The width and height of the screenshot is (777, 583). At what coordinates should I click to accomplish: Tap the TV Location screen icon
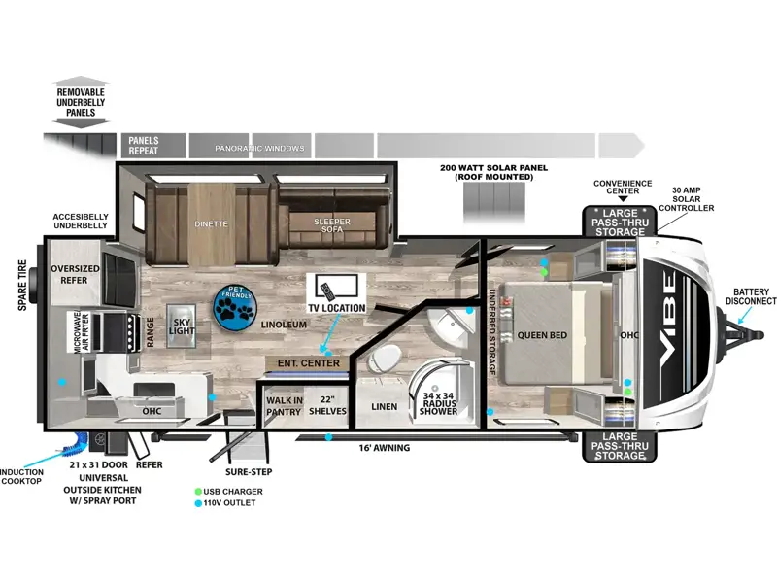click(x=336, y=288)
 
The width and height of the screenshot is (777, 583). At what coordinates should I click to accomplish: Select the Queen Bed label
click(x=542, y=335)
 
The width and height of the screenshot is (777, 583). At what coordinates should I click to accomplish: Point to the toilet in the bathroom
click(x=385, y=357)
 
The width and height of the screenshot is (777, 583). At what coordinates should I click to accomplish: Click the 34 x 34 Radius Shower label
click(x=438, y=403)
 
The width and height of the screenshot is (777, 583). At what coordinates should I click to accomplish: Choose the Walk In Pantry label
click(x=284, y=406)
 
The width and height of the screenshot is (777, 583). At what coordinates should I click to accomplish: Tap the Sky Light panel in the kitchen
click(x=181, y=326)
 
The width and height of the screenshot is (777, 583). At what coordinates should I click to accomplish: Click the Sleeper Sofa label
click(x=332, y=225)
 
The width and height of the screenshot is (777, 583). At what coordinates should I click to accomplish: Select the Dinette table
click(x=211, y=224)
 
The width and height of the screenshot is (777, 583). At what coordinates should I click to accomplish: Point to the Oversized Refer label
click(x=75, y=274)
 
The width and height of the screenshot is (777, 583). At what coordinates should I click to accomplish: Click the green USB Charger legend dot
click(x=198, y=492)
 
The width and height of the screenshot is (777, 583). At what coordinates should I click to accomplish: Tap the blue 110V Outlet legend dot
click(x=198, y=503)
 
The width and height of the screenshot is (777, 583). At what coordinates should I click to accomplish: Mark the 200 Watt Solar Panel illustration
click(x=494, y=202)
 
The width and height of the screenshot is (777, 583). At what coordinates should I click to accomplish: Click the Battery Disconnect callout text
click(x=751, y=296)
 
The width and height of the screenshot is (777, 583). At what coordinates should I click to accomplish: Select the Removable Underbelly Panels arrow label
click(x=81, y=102)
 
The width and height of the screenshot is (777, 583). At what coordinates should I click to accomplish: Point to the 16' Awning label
click(x=385, y=448)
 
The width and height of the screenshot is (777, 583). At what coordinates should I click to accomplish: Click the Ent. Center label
click(x=308, y=363)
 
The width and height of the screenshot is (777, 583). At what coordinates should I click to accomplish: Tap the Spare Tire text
click(x=22, y=286)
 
